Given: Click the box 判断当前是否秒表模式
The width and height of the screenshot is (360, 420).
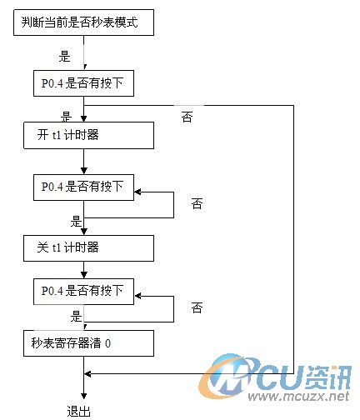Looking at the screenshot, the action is pyautogui.click(x=83, y=22).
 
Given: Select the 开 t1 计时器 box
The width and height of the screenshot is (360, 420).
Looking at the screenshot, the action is pyautogui.click(x=88, y=136).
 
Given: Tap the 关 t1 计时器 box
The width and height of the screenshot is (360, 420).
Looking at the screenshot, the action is pyautogui.click(x=88, y=248).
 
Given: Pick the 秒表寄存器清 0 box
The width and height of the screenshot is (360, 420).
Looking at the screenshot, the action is pyautogui.click(x=88, y=343).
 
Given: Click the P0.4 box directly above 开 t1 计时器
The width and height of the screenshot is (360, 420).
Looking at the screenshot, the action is pyautogui.click(x=83, y=83).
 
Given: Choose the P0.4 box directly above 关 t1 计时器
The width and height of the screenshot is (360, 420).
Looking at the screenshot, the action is pyautogui.click(x=83, y=187).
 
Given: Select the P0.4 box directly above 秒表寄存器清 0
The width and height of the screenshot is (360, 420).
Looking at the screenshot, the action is pyautogui.click(x=83, y=292).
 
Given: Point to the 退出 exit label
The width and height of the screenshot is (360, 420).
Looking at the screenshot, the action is pyautogui.click(x=79, y=412).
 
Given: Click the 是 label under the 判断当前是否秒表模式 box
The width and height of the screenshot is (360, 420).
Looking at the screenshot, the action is pyautogui.click(x=64, y=56).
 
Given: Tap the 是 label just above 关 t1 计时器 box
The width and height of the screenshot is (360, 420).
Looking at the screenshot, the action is pyautogui.click(x=76, y=222).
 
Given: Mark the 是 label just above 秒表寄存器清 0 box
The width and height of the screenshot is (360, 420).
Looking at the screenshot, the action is pyautogui.click(x=76, y=316).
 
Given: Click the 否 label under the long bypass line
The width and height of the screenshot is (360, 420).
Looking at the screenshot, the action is pyautogui.click(x=187, y=117).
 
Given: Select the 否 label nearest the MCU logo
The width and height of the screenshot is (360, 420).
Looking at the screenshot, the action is pyautogui.click(x=197, y=307).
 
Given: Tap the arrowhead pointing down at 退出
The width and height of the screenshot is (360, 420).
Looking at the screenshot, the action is pyautogui.click(x=84, y=396).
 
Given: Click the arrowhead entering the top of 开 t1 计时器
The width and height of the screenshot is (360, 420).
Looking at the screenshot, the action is pyautogui.click(x=84, y=118).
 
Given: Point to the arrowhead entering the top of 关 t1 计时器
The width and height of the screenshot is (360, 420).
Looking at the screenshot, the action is pyautogui.click(x=84, y=232).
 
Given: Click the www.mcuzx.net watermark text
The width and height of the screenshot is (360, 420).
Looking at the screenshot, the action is pyautogui.click(x=298, y=396).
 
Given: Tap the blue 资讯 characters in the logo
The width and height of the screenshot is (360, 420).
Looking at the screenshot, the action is pyautogui.click(x=328, y=377).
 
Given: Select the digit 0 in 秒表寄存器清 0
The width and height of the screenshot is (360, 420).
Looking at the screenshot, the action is pyautogui.click(x=108, y=343).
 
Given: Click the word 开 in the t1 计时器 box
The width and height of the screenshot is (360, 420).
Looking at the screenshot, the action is pyautogui.click(x=43, y=135).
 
